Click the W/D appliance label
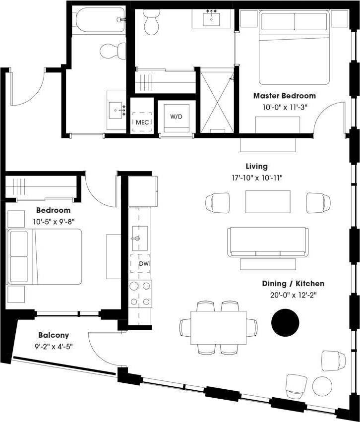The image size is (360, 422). (176, 117)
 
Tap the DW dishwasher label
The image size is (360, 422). (144, 263)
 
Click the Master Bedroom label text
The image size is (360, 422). (284, 96)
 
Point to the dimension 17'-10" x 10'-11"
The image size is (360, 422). (257, 177)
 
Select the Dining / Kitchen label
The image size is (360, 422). (293, 284)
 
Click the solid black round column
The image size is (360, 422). (285, 323)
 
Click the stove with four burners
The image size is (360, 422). (140, 294)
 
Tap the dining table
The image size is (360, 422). (219, 327)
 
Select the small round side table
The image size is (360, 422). (323, 386)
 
